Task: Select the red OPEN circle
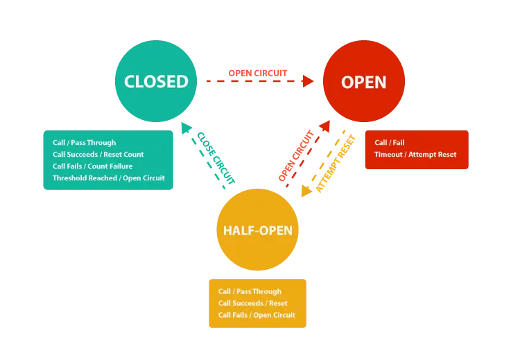[x=363, y=97]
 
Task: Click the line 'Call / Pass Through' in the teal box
[x=84, y=143]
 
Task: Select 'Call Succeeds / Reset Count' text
[x=98, y=155]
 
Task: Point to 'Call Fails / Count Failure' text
[x=92, y=166]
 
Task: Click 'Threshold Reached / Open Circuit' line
[x=109, y=178]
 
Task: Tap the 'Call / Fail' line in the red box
[x=390, y=143]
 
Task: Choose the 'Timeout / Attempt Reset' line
[x=415, y=155]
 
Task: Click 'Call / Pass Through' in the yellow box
[x=250, y=292]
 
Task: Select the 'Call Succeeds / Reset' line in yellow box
[x=252, y=304]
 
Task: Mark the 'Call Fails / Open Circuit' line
[x=257, y=316]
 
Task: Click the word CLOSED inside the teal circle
[x=156, y=81]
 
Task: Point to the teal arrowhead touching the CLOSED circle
[x=187, y=129]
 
